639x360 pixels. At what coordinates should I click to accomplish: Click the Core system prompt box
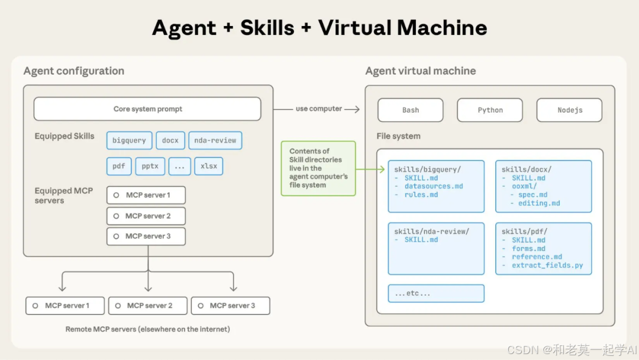point(147,109)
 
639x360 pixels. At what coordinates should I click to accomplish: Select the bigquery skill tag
point(129,140)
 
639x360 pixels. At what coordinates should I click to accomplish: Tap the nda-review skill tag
point(215,140)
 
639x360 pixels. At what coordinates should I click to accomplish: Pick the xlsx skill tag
point(208,166)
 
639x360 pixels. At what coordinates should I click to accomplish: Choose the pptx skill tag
point(150,166)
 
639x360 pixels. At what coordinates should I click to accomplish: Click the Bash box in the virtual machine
point(411,110)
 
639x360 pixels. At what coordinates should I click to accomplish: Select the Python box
point(490,110)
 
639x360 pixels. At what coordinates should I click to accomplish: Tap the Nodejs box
point(569,110)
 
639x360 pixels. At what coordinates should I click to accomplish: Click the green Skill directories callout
point(318,168)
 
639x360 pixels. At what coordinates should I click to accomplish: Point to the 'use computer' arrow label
point(319,109)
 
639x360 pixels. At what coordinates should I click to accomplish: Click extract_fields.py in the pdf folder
point(547,265)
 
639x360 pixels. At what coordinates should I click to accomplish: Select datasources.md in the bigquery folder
point(434,187)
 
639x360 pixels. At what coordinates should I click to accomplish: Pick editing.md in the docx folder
point(539,203)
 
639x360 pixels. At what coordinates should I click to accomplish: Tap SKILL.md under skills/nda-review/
point(421,240)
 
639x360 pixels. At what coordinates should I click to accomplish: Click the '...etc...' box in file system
point(436,293)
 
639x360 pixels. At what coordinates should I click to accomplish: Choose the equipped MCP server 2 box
point(146,216)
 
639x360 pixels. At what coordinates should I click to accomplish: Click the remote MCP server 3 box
point(231,306)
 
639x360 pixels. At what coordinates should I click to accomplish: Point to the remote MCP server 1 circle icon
point(37,306)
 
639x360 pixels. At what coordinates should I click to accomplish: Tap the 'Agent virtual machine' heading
point(421,71)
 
